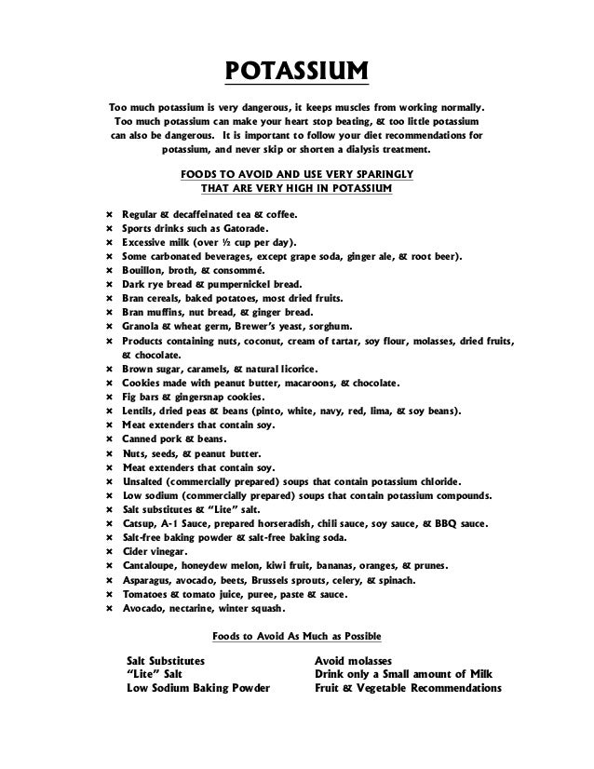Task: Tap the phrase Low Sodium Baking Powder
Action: tap(197, 689)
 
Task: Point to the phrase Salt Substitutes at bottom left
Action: tap(166, 660)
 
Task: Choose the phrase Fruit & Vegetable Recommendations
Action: tap(408, 689)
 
